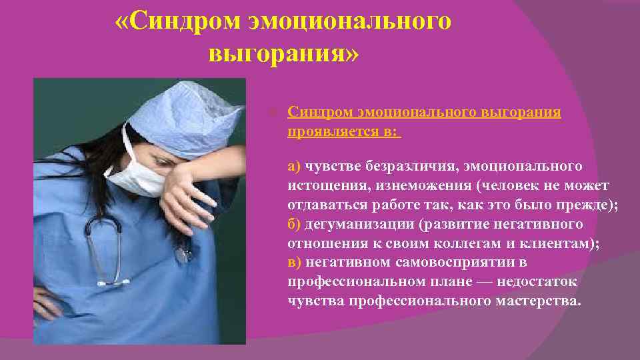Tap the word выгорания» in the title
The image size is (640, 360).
coord(283,53)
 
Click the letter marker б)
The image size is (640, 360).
coord(295,223)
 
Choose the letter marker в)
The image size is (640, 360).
coord(294,262)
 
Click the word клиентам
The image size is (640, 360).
coord(567,243)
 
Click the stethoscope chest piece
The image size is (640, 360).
coord(181,254)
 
